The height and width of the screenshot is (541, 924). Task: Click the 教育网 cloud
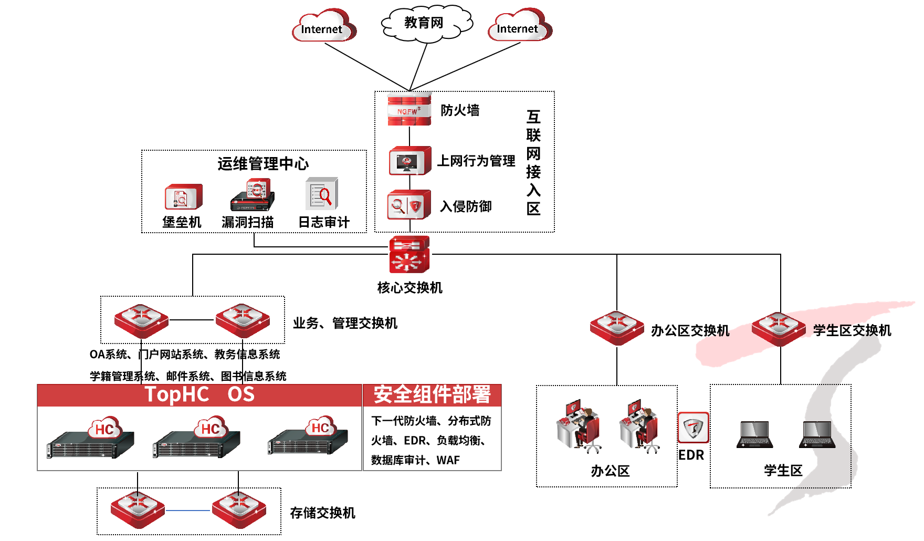(426, 23)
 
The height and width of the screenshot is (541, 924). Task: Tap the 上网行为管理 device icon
(409, 161)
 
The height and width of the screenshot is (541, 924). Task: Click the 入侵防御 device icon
(409, 205)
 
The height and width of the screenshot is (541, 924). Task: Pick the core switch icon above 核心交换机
(409, 254)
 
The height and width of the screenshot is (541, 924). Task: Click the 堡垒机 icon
(183, 197)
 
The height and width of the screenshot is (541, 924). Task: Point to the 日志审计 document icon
(321, 194)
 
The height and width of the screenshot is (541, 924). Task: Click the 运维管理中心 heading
(263, 163)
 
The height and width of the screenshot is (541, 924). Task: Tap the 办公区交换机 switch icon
(616, 328)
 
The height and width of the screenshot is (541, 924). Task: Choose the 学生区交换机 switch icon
(778, 329)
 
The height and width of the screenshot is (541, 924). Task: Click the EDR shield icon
(693, 428)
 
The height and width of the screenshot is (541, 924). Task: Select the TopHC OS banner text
(199, 394)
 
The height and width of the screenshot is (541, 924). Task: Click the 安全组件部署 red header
(432, 395)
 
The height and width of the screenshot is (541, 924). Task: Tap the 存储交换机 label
(322, 513)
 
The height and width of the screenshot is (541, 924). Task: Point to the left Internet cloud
(323, 26)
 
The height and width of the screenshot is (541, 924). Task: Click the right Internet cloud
(519, 26)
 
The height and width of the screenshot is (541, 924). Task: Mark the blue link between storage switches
(188, 510)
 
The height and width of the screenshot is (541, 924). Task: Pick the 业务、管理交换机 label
(345, 323)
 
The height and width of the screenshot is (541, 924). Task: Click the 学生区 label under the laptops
(783, 470)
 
